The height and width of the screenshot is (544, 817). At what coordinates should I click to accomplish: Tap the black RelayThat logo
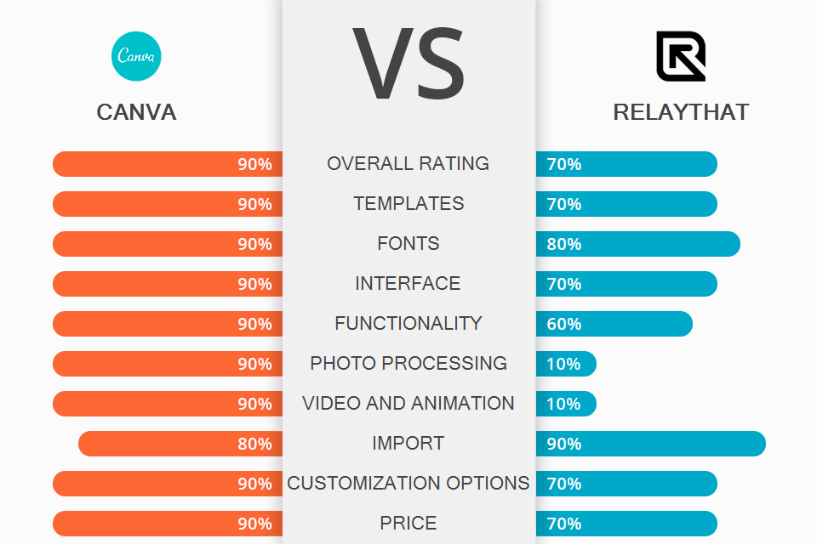681,56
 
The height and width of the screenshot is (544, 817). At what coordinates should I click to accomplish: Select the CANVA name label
136,112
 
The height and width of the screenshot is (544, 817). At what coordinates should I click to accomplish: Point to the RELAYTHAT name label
681,112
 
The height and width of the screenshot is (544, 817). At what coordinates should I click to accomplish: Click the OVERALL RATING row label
408,163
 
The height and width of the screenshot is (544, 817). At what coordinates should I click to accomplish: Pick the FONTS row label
408,243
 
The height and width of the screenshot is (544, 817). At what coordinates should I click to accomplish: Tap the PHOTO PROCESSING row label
408,363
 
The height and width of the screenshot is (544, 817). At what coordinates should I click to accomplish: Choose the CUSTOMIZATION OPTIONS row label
408,483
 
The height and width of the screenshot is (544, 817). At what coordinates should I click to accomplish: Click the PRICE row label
408,523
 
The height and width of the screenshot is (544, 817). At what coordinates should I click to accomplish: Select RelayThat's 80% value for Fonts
564,244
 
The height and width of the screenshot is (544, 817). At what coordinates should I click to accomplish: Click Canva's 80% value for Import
254,444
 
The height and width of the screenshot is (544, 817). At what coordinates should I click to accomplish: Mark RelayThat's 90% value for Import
564,444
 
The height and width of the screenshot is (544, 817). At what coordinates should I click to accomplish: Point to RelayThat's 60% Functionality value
564,324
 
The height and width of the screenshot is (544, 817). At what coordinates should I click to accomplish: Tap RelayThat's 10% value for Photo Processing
563,364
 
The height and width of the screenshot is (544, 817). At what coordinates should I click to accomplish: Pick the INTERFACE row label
408,283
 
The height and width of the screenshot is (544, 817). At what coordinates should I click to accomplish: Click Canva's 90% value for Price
254,524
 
